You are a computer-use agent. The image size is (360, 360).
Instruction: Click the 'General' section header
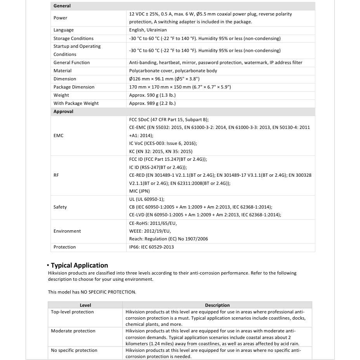(62, 6)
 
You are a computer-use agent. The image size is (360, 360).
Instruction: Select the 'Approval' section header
(63, 111)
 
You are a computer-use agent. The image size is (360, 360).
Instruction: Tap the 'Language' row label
(63, 30)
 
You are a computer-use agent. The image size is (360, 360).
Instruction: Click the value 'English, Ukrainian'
(148, 30)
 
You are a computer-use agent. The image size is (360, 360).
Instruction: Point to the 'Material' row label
(63, 71)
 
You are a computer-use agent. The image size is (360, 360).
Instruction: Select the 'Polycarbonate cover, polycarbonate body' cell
(173, 71)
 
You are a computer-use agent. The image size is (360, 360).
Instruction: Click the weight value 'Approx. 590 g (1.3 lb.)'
(152, 95)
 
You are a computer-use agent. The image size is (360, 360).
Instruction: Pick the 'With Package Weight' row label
(76, 103)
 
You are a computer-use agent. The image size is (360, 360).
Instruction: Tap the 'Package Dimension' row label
(74, 87)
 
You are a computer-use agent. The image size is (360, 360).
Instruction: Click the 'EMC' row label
(58, 136)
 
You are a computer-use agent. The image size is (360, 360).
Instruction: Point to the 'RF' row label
(56, 175)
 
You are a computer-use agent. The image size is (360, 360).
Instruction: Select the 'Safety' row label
(60, 207)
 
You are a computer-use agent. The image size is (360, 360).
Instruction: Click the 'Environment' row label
(67, 231)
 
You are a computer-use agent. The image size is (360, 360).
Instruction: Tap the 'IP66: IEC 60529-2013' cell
(151, 247)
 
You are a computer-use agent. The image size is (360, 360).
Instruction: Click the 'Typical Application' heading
(79, 265)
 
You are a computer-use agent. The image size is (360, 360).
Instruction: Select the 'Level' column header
(85, 305)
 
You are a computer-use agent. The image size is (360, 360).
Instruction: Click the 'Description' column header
(217, 305)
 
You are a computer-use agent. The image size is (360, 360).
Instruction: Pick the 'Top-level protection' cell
(72, 312)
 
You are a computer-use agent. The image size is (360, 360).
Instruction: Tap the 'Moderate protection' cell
(73, 331)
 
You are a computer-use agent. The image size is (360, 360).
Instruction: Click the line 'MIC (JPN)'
(139, 191)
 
